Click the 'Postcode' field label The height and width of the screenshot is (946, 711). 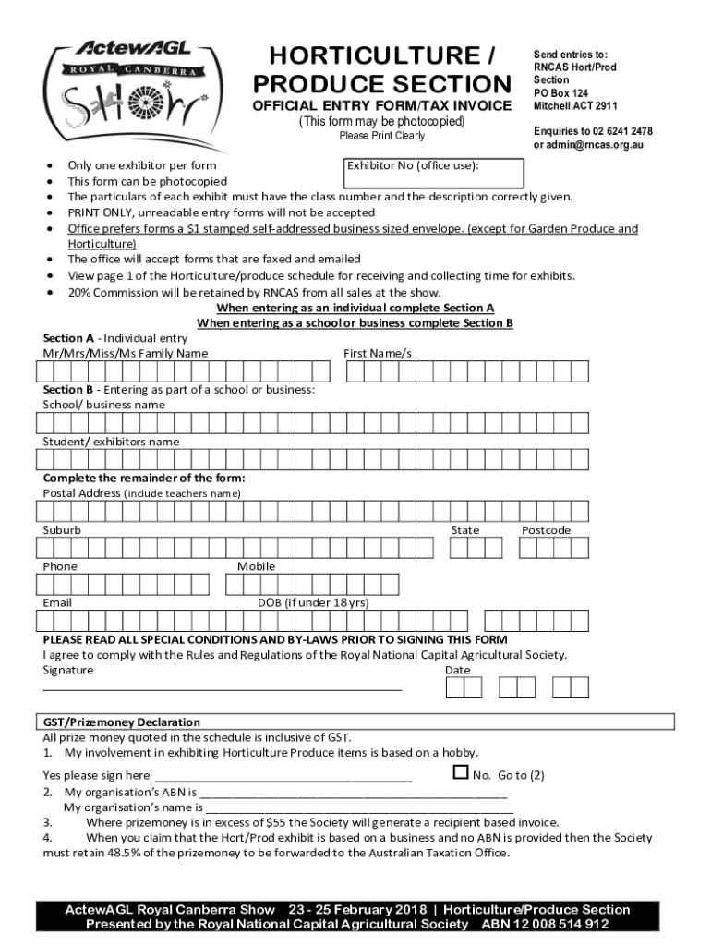click(546, 530)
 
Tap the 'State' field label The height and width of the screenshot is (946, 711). click(464, 530)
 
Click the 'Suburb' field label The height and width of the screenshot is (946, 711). click(62, 530)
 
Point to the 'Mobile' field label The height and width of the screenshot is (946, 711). click(256, 566)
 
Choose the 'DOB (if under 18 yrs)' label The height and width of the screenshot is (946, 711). click(313, 602)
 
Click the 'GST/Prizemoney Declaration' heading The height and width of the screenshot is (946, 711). click(122, 722)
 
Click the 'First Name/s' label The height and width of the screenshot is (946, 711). click(378, 353)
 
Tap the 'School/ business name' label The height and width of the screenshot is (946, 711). click(104, 405)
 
